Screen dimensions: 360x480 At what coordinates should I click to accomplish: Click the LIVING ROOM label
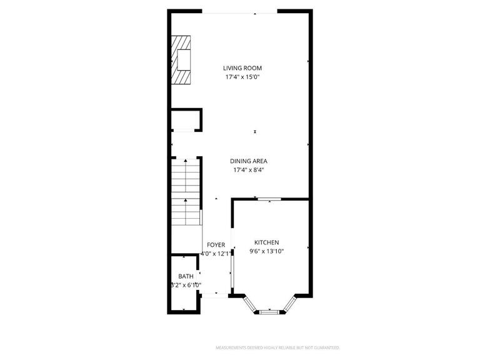click(242, 68)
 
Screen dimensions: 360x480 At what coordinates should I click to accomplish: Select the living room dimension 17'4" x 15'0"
click(242, 77)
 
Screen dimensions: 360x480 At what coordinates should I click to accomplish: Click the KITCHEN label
click(266, 242)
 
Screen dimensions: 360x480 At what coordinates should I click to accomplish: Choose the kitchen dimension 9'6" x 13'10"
click(266, 251)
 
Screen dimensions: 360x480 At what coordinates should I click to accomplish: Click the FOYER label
click(216, 245)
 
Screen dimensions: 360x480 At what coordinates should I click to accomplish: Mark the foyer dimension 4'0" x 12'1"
click(216, 254)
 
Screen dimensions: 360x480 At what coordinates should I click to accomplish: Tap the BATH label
click(186, 276)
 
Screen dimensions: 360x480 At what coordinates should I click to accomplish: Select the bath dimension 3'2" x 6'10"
click(186, 285)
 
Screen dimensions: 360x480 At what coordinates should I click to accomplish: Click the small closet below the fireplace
click(186, 119)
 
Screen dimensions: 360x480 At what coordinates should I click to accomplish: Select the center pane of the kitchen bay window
click(270, 310)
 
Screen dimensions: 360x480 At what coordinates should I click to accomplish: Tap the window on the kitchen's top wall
click(269, 199)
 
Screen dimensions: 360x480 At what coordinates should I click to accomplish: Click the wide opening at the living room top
click(239, 12)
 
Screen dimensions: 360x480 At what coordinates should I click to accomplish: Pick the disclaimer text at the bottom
click(277, 347)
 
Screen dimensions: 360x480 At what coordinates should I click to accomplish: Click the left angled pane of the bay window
click(249, 303)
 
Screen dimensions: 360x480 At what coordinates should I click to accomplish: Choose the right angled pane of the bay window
click(290, 303)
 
